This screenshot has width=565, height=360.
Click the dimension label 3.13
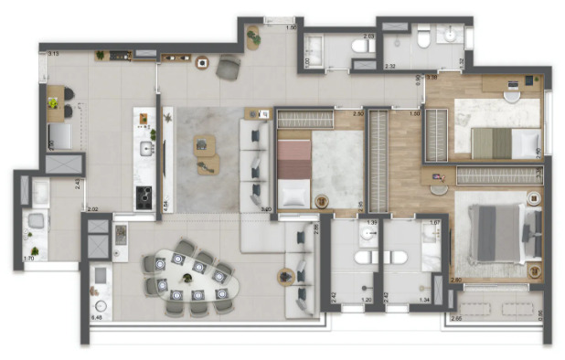pyautogui.click(x=53, y=55)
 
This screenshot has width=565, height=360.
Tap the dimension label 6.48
pyautogui.click(x=96, y=317)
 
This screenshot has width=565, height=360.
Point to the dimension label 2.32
pyautogui.click(x=389, y=67)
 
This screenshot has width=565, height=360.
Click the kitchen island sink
pyautogui.click(x=145, y=149)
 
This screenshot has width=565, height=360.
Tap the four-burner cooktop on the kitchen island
pyautogui.click(x=144, y=194)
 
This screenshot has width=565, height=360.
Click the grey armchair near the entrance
pyautogui.click(x=228, y=68)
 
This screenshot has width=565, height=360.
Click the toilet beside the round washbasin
pyautogui.click(x=423, y=37)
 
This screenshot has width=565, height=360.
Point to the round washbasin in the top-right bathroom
pyautogui.click(x=450, y=36)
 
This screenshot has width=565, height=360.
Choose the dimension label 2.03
pyautogui.click(x=368, y=37)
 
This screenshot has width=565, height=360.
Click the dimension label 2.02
pyautogui.click(x=92, y=209)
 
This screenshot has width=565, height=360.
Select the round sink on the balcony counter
pyautogui.click(x=101, y=306)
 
